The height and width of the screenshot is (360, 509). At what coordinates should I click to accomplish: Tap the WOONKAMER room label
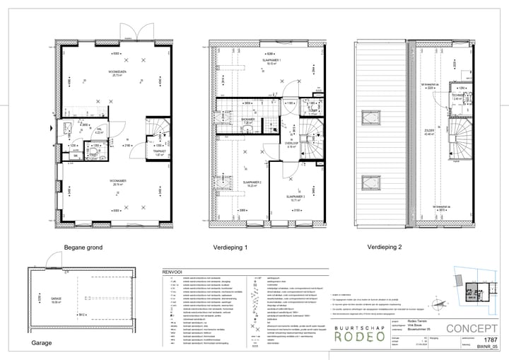point(112,180)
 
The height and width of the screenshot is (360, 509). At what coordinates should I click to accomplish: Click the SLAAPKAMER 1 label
point(268,61)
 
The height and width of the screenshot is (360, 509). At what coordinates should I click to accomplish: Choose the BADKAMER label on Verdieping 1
point(247,120)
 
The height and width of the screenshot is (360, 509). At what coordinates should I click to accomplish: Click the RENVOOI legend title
point(172,270)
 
